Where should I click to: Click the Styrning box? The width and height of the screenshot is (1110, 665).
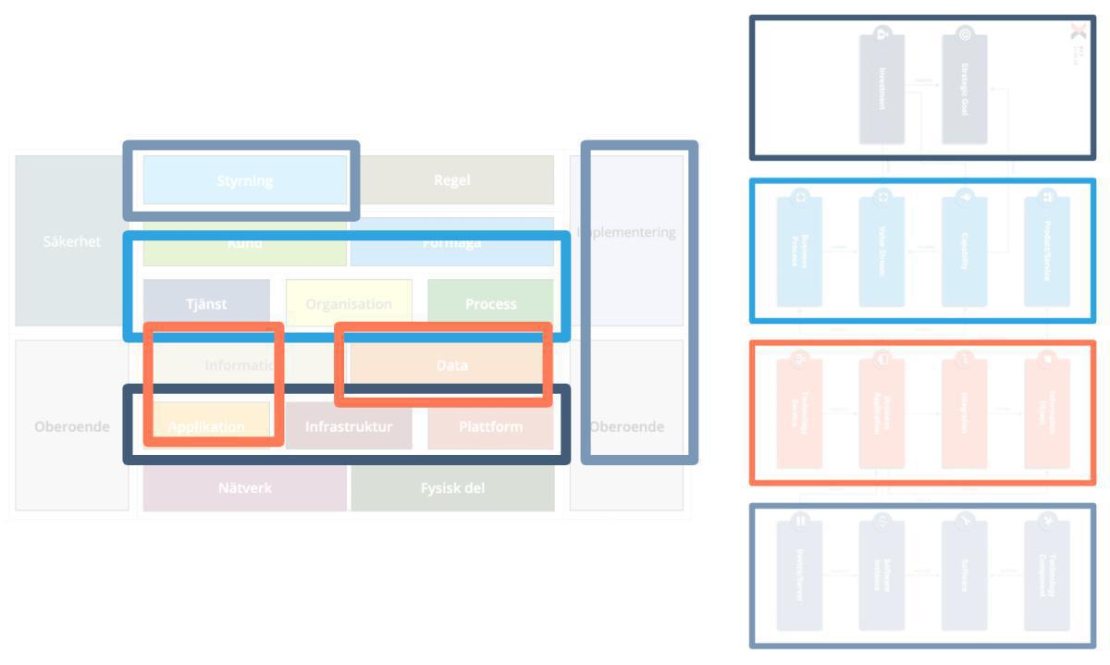244,180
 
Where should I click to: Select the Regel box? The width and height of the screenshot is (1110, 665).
452,179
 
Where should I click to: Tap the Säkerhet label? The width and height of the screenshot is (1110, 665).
71,241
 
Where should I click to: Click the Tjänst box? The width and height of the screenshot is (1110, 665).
206,303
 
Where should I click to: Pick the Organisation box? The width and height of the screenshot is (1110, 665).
349,303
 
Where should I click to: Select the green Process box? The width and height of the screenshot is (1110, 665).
490,303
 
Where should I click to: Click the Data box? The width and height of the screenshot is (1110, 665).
451,365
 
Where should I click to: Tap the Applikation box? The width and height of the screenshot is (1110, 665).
206,426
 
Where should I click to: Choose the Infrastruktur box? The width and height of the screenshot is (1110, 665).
349,426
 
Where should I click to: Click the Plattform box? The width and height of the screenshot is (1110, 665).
490,426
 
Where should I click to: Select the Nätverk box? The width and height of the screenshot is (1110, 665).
245,487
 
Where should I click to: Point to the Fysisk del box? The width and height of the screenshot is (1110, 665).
452,487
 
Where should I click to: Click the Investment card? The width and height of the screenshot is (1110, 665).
882,89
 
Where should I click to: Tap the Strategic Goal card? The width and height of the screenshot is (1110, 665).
964,89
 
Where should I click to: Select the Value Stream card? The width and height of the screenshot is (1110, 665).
882,250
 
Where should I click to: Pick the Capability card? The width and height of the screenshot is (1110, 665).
964,250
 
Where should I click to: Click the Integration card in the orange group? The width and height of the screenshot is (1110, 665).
964,413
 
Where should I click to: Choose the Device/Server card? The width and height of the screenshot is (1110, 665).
799,573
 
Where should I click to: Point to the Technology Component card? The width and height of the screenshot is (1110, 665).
1047,573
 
